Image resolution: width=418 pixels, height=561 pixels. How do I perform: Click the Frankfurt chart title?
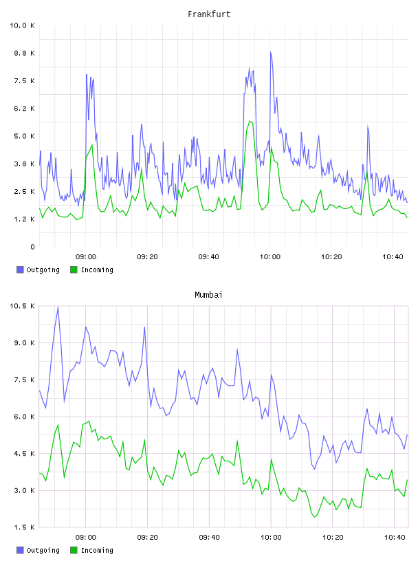click(x=209, y=14)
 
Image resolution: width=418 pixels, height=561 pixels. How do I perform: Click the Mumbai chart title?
click(x=208, y=294)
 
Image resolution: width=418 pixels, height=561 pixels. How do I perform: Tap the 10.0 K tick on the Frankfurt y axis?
click(x=22, y=25)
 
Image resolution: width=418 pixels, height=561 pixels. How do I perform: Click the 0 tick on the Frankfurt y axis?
click(x=32, y=247)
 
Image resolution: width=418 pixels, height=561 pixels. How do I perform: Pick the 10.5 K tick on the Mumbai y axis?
click(x=22, y=306)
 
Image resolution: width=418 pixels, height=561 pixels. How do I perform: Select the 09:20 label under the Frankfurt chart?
click(x=147, y=256)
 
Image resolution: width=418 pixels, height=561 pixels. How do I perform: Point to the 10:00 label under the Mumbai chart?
click(x=271, y=537)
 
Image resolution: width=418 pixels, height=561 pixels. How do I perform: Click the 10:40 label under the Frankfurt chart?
click(x=393, y=256)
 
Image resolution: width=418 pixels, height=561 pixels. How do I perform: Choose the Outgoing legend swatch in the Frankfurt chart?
click(x=20, y=269)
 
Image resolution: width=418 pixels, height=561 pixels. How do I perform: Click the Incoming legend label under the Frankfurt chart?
click(x=97, y=269)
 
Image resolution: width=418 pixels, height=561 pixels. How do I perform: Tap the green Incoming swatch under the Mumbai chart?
click(x=74, y=550)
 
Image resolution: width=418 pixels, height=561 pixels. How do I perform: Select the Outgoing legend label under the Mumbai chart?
click(x=43, y=550)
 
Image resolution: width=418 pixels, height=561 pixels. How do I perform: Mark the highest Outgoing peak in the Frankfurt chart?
click(x=271, y=52)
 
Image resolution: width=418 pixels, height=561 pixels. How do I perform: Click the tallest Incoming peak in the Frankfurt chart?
click(x=250, y=121)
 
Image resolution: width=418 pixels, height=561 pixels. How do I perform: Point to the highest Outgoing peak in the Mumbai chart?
click(x=58, y=307)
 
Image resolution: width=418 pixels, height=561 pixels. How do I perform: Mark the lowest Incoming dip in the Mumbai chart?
click(x=315, y=516)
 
